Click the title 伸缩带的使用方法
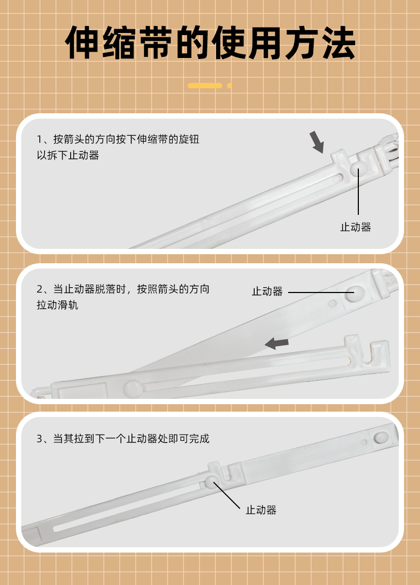[210, 43]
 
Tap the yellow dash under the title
[205, 86]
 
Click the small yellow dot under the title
[230, 86]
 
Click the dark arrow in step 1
[317, 142]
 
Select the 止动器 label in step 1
[356, 227]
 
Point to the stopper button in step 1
[359, 168]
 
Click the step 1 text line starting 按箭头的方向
[118, 139]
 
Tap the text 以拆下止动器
[68, 155]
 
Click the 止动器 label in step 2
[267, 291]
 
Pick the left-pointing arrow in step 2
[276, 343]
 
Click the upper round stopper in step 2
[355, 294]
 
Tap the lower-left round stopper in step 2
[133, 388]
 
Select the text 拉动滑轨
[57, 305]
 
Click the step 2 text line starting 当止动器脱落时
[123, 289]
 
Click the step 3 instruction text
[123, 438]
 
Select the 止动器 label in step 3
[261, 510]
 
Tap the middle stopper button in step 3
[211, 481]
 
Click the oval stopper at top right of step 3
[381, 437]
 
